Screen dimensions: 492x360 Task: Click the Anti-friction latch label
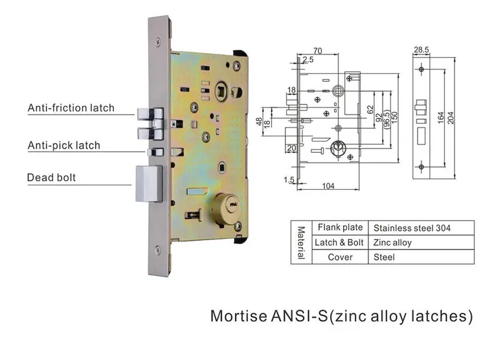tap(71, 107)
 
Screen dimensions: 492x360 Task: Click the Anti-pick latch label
tap(63, 145)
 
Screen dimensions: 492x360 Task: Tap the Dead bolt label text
tap(51, 177)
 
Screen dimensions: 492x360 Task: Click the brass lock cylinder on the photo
tap(225, 207)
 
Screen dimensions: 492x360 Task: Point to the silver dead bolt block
tap(149, 184)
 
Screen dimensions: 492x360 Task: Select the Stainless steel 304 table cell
tap(412, 228)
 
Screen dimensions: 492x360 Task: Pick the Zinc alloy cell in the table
tap(392, 243)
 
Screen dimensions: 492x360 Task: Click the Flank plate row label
tap(340, 227)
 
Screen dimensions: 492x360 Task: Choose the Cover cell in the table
tap(340, 257)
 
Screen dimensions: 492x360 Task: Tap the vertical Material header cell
tap(301, 243)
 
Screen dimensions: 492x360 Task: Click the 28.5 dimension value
tap(421, 50)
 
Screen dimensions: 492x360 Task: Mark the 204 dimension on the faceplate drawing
tap(451, 118)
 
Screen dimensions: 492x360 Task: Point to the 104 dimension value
tap(328, 186)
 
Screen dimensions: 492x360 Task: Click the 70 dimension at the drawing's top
tap(318, 51)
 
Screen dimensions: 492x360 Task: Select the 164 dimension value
tap(441, 118)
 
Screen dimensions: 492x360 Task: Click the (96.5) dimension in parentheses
tap(386, 118)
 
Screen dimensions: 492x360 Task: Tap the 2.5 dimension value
tap(307, 60)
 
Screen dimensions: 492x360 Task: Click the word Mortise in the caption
tap(239, 316)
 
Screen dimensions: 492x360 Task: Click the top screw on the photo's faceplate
tap(159, 41)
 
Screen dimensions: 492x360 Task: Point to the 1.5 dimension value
tap(289, 180)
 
